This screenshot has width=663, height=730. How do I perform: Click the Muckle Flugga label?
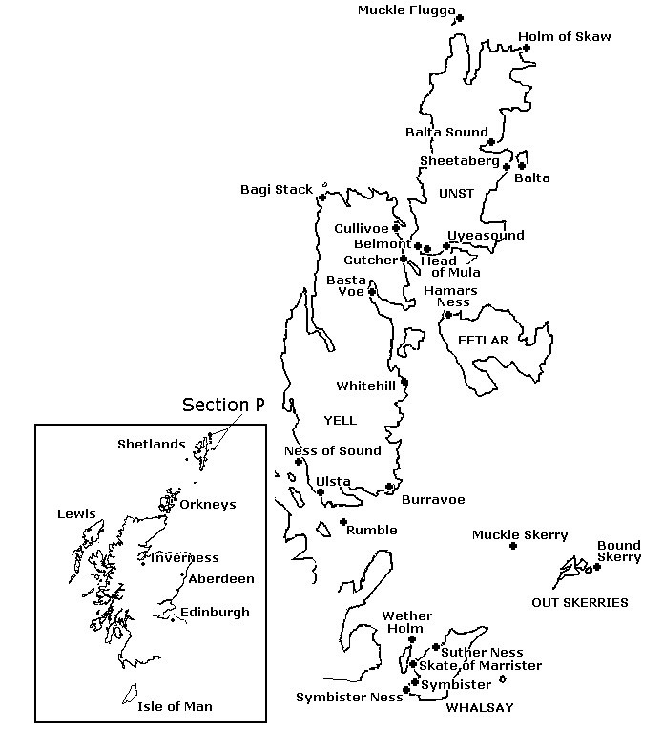(x=405, y=10)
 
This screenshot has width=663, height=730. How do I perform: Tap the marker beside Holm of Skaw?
(x=526, y=48)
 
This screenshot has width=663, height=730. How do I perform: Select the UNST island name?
(x=456, y=194)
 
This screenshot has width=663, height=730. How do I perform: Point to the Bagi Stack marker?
(x=321, y=198)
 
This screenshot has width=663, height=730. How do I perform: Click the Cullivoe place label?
(x=362, y=229)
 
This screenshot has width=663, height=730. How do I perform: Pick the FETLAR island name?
(x=483, y=340)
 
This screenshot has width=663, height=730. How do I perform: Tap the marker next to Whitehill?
(x=404, y=383)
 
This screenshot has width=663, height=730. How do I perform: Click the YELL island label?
(x=340, y=420)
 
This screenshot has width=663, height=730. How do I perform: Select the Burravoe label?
(x=433, y=499)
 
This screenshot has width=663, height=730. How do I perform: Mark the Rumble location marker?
(x=343, y=522)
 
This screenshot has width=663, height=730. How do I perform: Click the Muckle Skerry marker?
(x=513, y=546)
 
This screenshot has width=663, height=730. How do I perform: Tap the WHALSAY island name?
(x=480, y=707)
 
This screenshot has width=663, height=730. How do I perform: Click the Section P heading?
(x=223, y=406)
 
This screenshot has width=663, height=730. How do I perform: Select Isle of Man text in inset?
(x=175, y=707)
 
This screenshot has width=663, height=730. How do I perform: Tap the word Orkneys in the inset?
(x=207, y=505)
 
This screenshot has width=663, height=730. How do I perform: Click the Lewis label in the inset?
(x=76, y=514)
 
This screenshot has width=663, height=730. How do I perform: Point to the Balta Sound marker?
(x=491, y=142)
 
